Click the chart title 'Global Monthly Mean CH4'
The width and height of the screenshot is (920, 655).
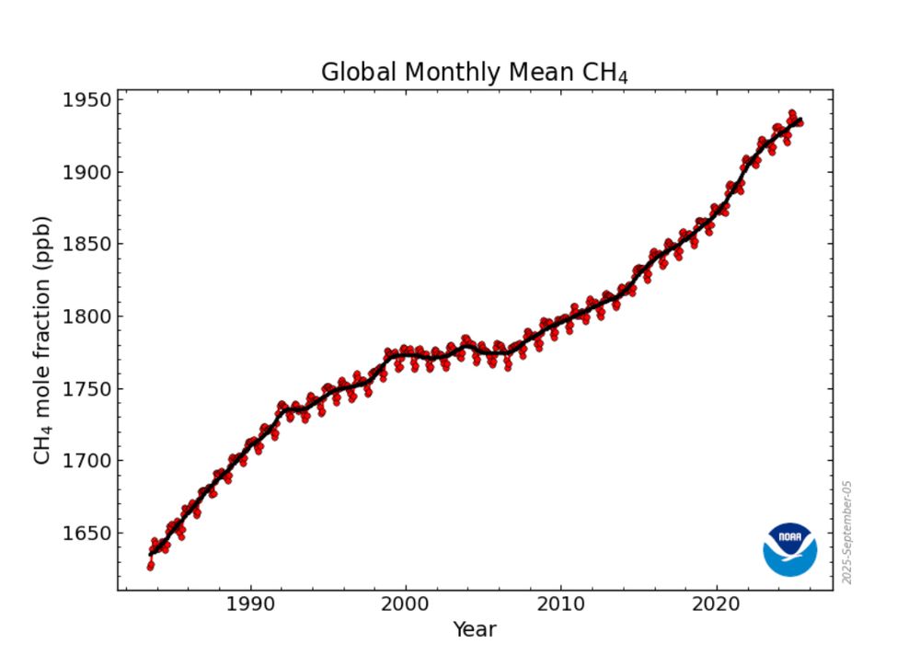(474, 73)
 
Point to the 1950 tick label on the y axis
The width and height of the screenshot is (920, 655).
(87, 100)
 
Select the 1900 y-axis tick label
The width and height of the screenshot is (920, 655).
(87, 172)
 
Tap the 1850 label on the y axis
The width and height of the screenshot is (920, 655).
(87, 245)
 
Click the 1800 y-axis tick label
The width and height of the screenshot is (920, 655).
(87, 316)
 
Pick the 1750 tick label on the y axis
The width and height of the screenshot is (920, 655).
(87, 389)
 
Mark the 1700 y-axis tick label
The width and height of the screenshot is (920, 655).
(87, 461)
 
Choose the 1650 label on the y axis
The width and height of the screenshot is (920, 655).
(87, 534)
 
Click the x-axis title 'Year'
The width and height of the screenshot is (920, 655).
(475, 630)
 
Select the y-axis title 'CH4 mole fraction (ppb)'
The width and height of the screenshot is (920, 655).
(42, 340)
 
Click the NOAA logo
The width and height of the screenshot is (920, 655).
(789, 549)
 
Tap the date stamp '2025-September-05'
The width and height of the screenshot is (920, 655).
(847, 531)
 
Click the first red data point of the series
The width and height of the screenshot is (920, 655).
(150, 566)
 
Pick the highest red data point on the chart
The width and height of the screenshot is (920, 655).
(791, 113)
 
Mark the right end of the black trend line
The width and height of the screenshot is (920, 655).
(801, 121)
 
